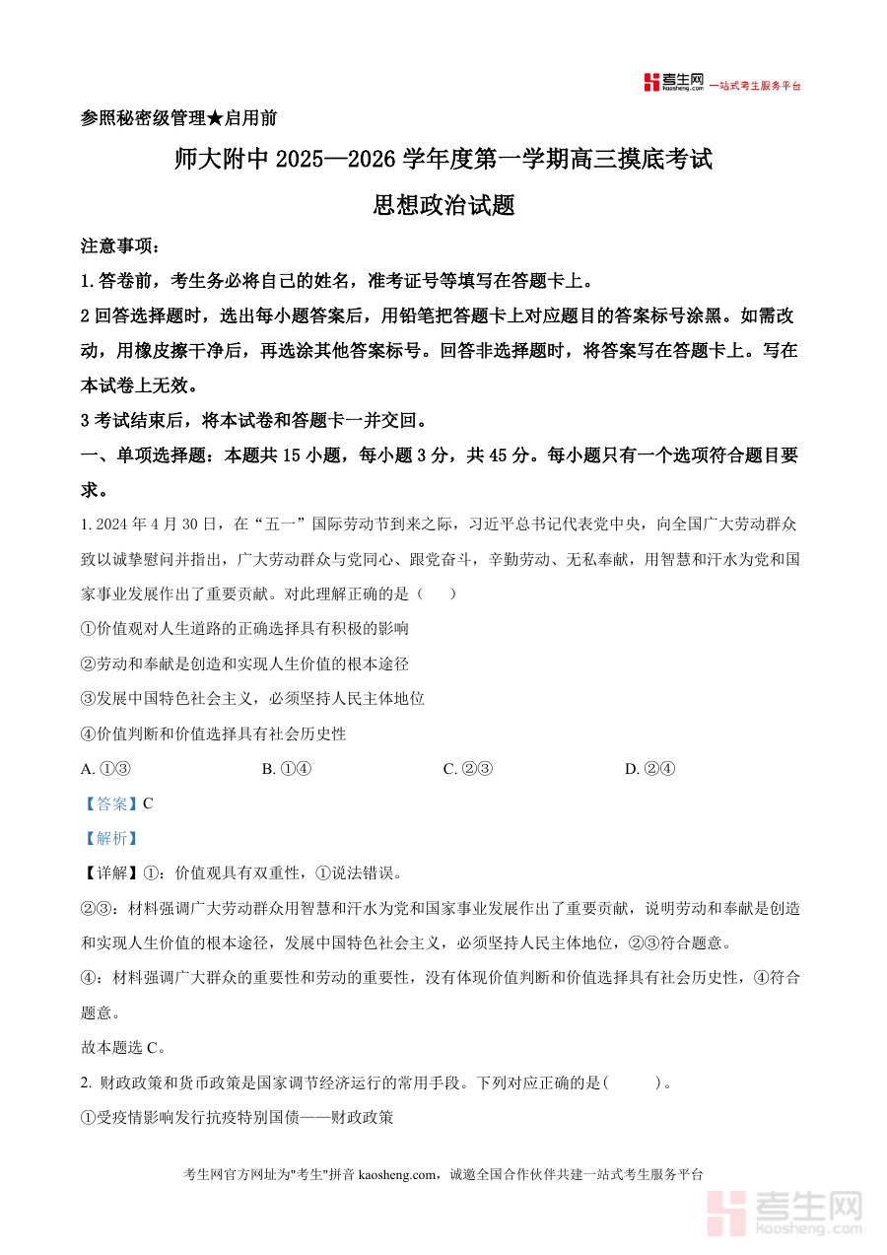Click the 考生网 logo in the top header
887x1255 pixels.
pyautogui.click(x=673, y=83)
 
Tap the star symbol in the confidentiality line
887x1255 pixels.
pyautogui.click(x=215, y=118)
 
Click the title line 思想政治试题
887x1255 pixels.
pyautogui.click(x=443, y=205)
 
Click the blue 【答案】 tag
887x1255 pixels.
pyautogui.click(x=110, y=803)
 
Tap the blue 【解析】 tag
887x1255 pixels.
pyautogui.click(x=110, y=838)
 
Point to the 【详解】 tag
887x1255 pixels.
pyautogui.click(x=110, y=872)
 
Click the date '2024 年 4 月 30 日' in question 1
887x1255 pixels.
pyautogui.click(x=159, y=523)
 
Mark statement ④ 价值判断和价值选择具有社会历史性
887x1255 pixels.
pyautogui.click(x=214, y=733)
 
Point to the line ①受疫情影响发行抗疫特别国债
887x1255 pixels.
pyautogui.click(x=237, y=1117)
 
